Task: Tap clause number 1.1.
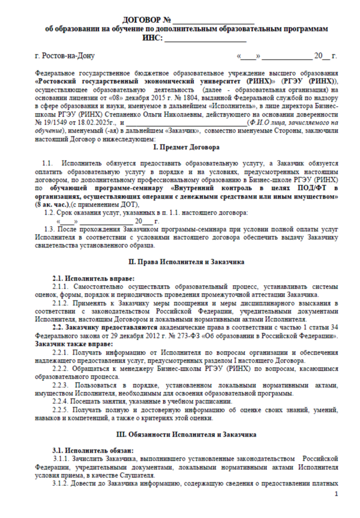click(x=48, y=163)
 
